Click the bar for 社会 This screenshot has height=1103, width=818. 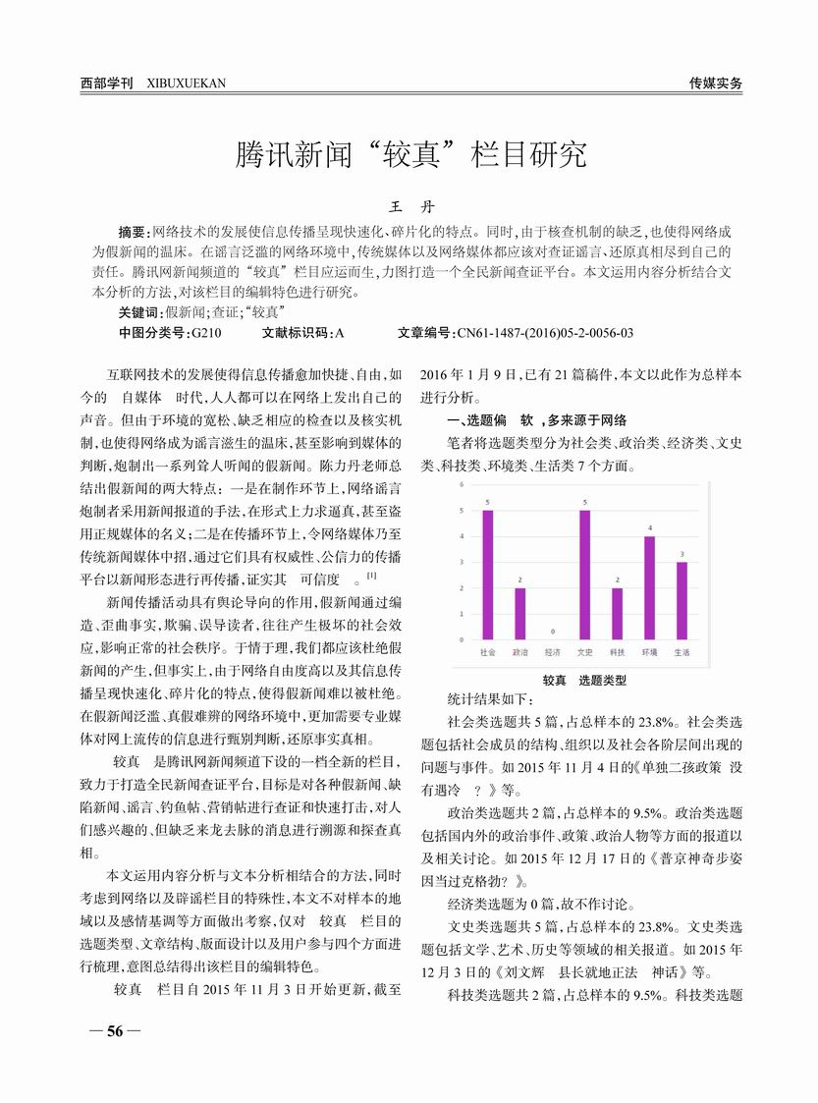(488, 575)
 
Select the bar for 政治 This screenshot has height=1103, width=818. (519, 614)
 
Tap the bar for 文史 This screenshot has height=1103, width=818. (584, 575)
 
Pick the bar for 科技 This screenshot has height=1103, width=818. (617, 614)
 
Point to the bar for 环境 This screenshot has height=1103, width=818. (649, 587)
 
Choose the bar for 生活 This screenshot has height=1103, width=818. (682, 600)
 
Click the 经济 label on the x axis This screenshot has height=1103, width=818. (552, 652)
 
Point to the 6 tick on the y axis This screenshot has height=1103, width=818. (462, 485)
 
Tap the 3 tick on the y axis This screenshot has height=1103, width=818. (462, 563)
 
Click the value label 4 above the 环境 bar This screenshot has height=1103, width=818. (649, 528)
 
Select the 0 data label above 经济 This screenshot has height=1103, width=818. (552, 632)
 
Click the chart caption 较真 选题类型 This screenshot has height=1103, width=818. (584, 680)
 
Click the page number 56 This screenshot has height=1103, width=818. (114, 1031)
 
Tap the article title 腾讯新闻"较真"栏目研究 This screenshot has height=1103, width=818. (409, 154)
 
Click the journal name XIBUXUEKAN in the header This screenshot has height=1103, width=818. (186, 83)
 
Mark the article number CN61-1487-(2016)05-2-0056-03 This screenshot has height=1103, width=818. (543, 333)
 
